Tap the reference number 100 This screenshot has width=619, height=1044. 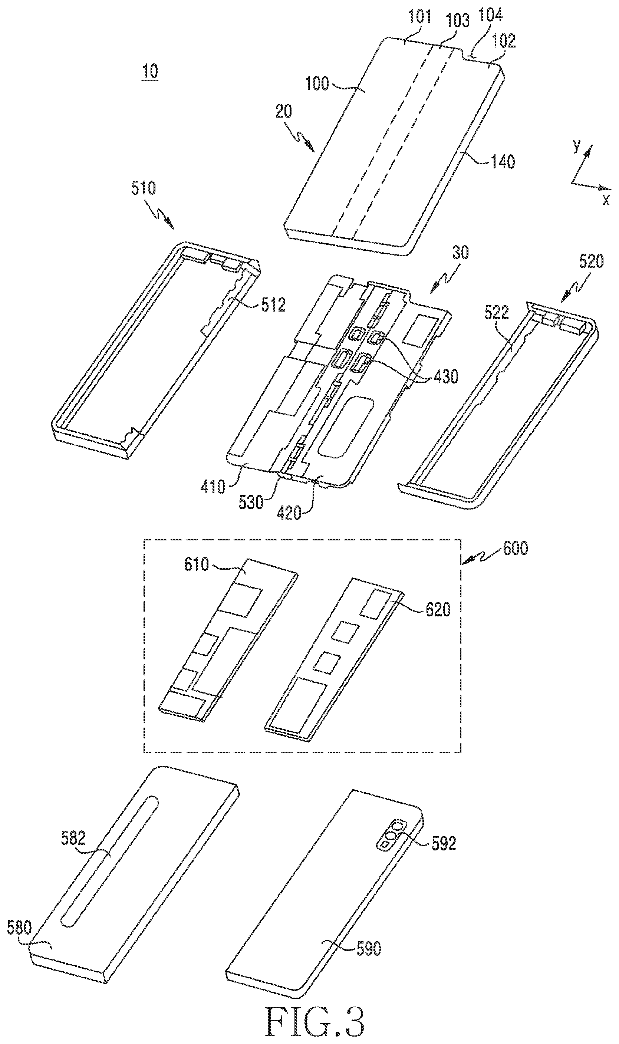coord(317,83)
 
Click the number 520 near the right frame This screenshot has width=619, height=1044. coord(592,261)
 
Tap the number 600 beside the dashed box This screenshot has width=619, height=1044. coord(516,548)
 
